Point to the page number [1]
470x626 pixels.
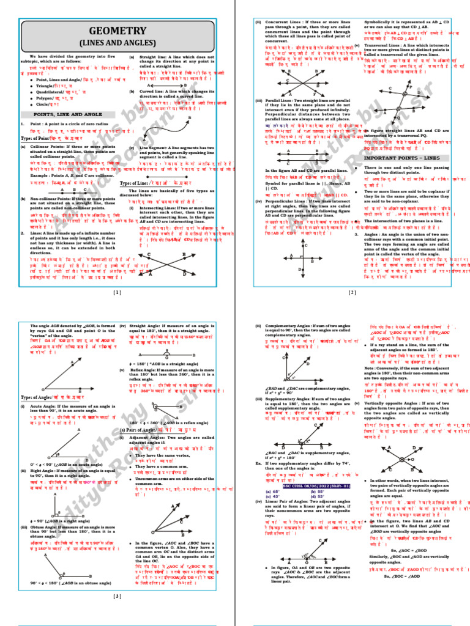point(117,293)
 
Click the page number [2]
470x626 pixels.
point(352,293)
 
